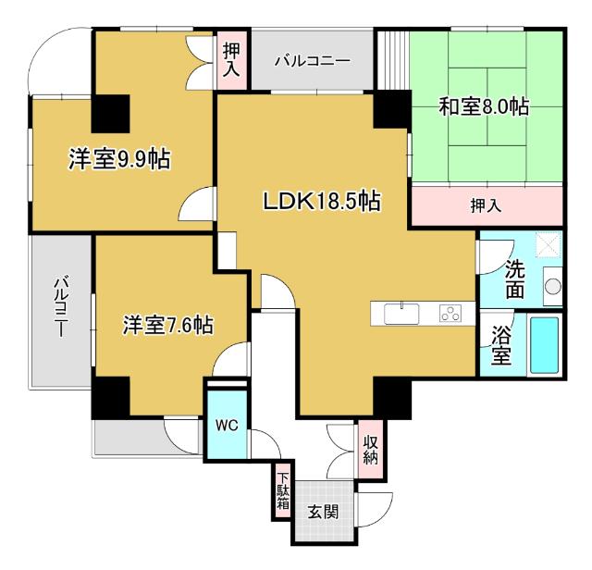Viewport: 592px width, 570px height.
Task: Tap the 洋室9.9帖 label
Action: [x=118, y=159]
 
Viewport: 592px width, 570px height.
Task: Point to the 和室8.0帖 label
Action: [x=484, y=106]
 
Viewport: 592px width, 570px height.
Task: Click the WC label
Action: [x=227, y=426]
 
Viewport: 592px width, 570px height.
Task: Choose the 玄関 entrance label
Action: [x=324, y=511]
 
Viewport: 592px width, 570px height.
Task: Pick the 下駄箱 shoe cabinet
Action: [x=282, y=491]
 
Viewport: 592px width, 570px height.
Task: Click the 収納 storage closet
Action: [x=371, y=451]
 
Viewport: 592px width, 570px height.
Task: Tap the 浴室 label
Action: [x=501, y=346]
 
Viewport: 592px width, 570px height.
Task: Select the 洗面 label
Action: [x=515, y=279]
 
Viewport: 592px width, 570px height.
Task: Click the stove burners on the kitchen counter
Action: [x=451, y=314]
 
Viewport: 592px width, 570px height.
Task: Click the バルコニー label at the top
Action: [x=312, y=61]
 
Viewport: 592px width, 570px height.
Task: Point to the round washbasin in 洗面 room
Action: [x=552, y=286]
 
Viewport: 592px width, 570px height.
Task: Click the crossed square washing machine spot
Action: [x=551, y=244]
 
